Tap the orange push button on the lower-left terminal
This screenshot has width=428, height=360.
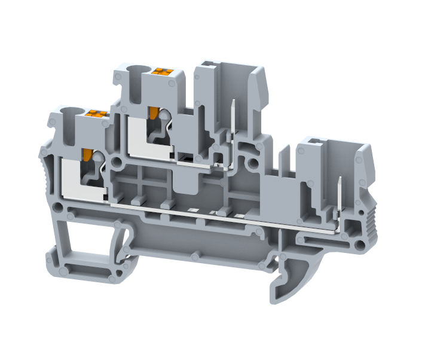(x=96, y=113)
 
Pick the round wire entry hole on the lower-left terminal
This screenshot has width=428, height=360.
(x=72, y=112)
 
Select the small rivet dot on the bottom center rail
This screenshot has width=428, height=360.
(x=195, y=256)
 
